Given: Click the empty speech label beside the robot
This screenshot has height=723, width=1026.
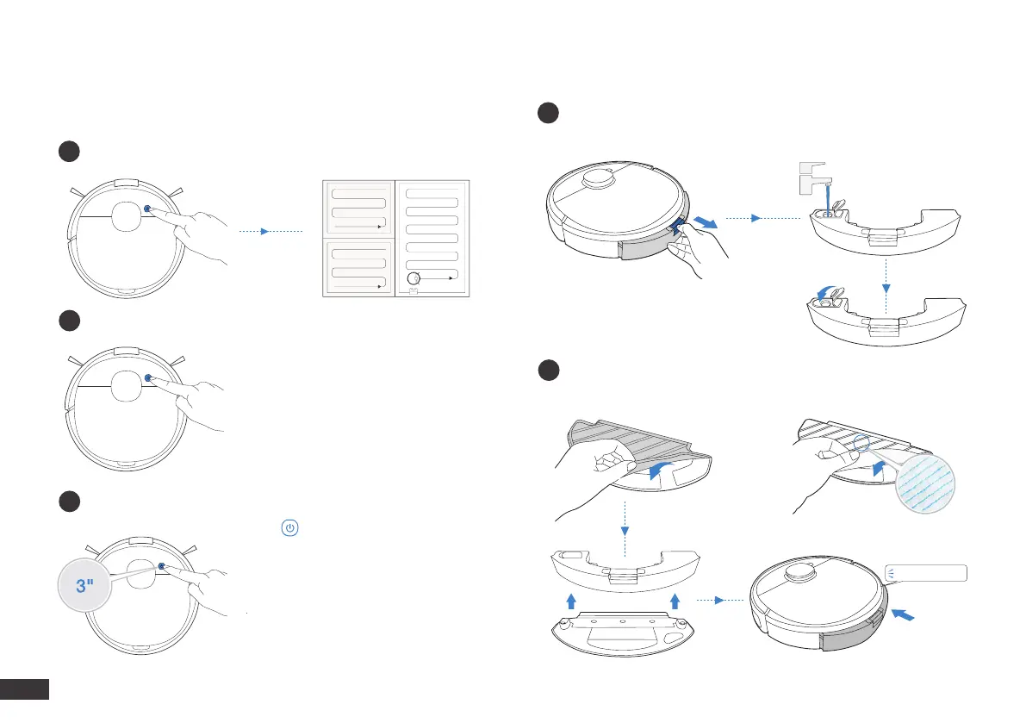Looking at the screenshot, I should coord(926,572).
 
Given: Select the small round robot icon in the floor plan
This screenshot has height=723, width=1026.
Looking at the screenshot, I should coord(414,278).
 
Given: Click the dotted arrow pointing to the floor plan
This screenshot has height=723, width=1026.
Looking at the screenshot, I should coord(270,231).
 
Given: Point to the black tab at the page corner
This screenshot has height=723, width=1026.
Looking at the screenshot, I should coord(25,689).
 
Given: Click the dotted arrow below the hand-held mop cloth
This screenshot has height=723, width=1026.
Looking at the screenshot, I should coord(622,526).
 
